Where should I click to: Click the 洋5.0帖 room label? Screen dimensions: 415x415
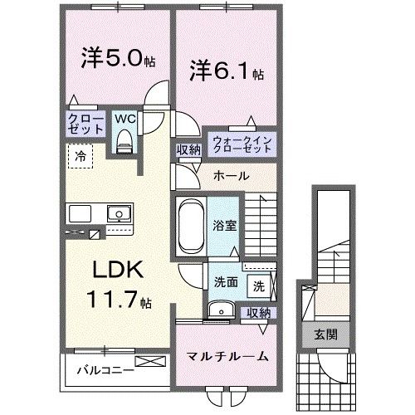pyautogui.click(x=115, y=60)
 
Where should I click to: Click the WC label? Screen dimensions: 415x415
pyautogui.click(x=124, y=120)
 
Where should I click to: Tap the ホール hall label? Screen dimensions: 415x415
pyautogui.click(x=229, y=176)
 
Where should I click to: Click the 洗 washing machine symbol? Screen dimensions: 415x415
pyautogui.click(x=260, y=286)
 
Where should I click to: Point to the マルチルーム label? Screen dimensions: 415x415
pyautogui.click(x=226, y=356)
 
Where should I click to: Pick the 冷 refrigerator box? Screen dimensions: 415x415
pyautogui.click(x=81, y=155)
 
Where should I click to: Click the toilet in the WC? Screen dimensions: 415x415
pyautogui.click(x=124, y=143)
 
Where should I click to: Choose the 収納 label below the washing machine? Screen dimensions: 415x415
pyautogui.click(x=259, y=312)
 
